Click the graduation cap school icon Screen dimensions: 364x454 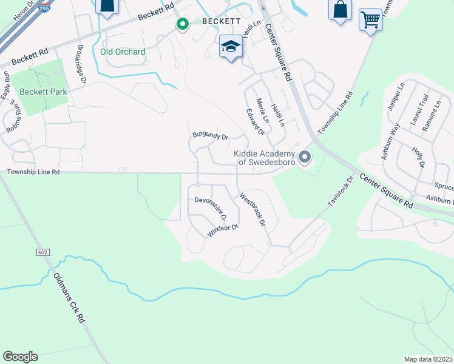click(231, 47)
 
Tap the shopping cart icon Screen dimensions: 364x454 click(370, 20)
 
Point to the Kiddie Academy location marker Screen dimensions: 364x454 click(305, 158)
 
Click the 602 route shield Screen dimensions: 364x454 click(42, 252)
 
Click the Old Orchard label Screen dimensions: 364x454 click(123, 52)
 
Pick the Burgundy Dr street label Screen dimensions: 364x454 click(210, 136)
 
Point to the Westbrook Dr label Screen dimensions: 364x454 click(253, 210)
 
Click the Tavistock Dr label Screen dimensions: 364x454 click(340, 193)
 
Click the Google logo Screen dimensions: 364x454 click(20, 357)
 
